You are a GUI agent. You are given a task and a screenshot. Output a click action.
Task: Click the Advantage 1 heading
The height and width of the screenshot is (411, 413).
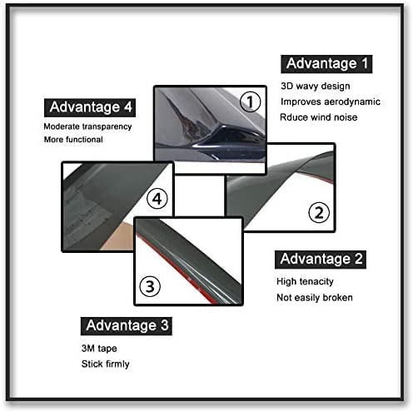pyautogui.click(x=326, y=64)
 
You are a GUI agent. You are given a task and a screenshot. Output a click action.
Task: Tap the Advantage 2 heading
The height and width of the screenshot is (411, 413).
pyautogui.click(x=321, y=260)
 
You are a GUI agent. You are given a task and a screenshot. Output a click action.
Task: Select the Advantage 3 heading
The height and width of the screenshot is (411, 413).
pyautogui.click(x=127, y=326)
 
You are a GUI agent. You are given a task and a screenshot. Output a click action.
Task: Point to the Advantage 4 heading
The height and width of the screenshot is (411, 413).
pyautogui.click(x=90, y=107)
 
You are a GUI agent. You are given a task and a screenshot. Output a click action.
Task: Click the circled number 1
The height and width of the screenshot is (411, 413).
pyautogui.click(x=250, y=102)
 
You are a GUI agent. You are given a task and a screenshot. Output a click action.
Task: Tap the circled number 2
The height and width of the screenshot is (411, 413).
pyautogui.click(x=319, y=213)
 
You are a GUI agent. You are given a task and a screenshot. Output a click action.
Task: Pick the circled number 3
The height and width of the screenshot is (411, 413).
pyautogui.click(x=150, y=286)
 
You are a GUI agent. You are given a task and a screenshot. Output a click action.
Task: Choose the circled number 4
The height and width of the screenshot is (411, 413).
pyautogui.click(x=157, y=199)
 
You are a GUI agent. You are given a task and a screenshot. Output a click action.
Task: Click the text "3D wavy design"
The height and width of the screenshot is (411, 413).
pyautogui.click(x=316, y=87)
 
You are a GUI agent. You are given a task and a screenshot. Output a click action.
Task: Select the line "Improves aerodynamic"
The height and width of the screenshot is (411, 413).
pyautogui.click(x=331, y=102)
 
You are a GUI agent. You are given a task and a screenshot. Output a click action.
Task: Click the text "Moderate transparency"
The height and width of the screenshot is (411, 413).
pyautogui.click(x=87, y=126)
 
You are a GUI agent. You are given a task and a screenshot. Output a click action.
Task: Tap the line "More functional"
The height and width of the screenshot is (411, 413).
pyautogui.click(x=73, y=139)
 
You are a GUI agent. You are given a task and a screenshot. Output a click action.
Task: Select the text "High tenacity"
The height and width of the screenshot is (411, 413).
pyautogui.click(x=305, y=281)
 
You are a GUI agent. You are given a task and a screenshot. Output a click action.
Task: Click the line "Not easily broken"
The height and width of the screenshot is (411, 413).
pyautogui.click(x=315, y=297)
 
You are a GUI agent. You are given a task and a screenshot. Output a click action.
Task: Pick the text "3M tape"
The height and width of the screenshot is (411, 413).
pyautogui.click(x=99, y=349)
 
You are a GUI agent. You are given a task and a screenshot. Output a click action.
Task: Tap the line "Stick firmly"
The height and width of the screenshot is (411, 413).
pyautogui.click(x=106, y=364)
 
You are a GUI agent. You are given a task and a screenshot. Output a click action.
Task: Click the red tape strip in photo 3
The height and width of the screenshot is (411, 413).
pyautogui.click(x=177, y=273)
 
